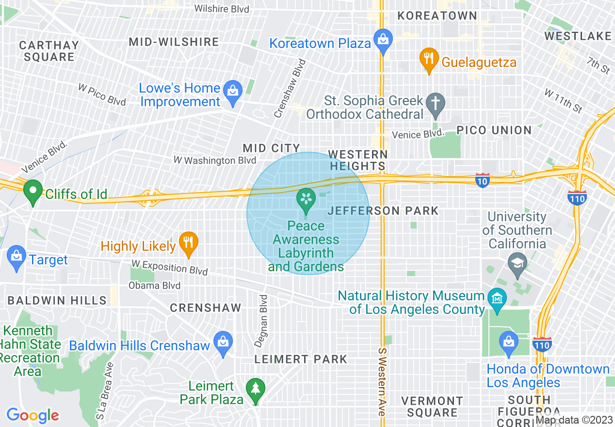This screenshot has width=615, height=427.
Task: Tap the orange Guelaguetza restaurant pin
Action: [428, 61]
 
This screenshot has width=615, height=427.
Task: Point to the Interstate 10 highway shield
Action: [482, 181]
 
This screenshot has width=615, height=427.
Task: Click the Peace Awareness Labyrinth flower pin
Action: [306, 201]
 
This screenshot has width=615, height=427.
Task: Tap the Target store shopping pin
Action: [16, 258]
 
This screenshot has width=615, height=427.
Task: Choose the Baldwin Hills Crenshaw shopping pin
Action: [223, 344]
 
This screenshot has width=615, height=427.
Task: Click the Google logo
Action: [32, 415]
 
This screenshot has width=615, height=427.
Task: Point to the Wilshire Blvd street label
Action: [221, 9]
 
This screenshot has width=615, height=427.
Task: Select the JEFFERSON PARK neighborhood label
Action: [383, 211]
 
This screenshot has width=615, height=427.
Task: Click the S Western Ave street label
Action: [382, 380]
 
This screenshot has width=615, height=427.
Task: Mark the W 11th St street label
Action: [563, 100]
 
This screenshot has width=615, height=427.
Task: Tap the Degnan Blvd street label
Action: [262, 321]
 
